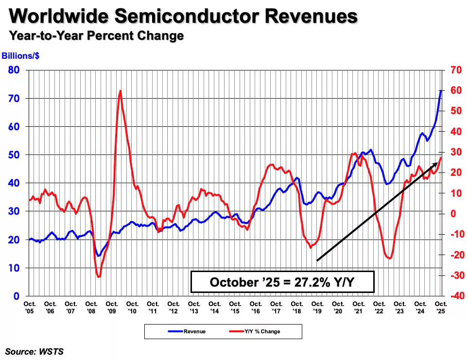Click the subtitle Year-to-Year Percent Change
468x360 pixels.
click(x=96, y=36)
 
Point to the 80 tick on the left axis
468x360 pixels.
click(x=14, y=70)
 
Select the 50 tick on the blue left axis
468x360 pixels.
click(x=14, y=155)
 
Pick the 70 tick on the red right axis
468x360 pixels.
click(x=455, y=70)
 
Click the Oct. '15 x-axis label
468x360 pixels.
click(x=235, y=307)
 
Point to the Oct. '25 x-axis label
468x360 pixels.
click(x=440, y=307)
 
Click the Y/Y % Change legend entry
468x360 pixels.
click(x=262, y=332)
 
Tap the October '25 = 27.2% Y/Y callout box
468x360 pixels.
click(x=282, y=282)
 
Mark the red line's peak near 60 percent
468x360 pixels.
click(x=120, y=91)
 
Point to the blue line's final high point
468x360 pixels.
click(x=441, y=90)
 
